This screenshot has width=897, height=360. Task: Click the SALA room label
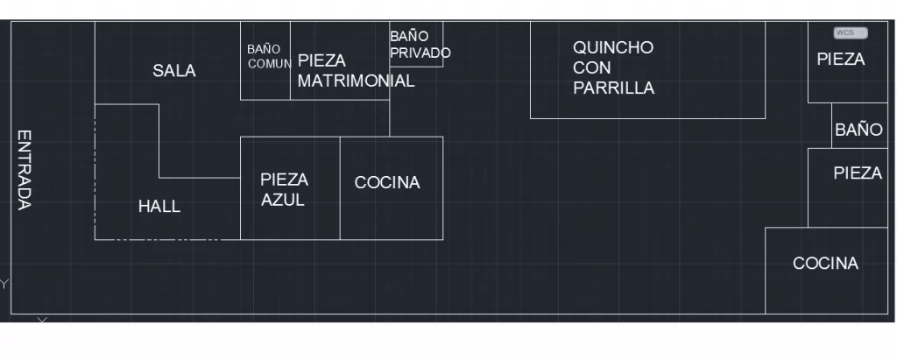(174, 71)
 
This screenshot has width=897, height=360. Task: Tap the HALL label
(159, 207)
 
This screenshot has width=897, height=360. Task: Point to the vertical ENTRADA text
(24, 170)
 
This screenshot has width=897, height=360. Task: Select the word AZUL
(283, 201)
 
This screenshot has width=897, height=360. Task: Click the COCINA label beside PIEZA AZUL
(387, 182)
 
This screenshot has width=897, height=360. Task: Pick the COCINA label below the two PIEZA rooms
(825, 264)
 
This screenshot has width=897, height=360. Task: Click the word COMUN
(270, 64)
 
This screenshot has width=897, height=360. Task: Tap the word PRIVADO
(420, 53)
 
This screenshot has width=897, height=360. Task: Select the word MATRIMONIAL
(356, 81)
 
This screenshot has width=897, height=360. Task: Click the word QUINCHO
(613, 47)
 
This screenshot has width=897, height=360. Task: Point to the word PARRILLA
(614, 88)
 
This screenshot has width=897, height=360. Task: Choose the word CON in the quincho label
(592, 67)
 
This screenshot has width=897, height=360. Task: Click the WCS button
(851, 32)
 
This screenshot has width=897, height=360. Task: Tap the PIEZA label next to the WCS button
(840, 59)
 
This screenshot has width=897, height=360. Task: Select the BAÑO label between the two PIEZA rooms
(858, 130)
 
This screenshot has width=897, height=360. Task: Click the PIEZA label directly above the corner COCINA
(858, 173)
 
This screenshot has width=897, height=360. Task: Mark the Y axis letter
(4, 284)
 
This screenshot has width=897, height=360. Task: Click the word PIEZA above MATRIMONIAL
(321, 60)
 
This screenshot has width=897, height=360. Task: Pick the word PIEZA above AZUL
(285, 180)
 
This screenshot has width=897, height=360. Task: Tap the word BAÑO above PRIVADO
(409, 36)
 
